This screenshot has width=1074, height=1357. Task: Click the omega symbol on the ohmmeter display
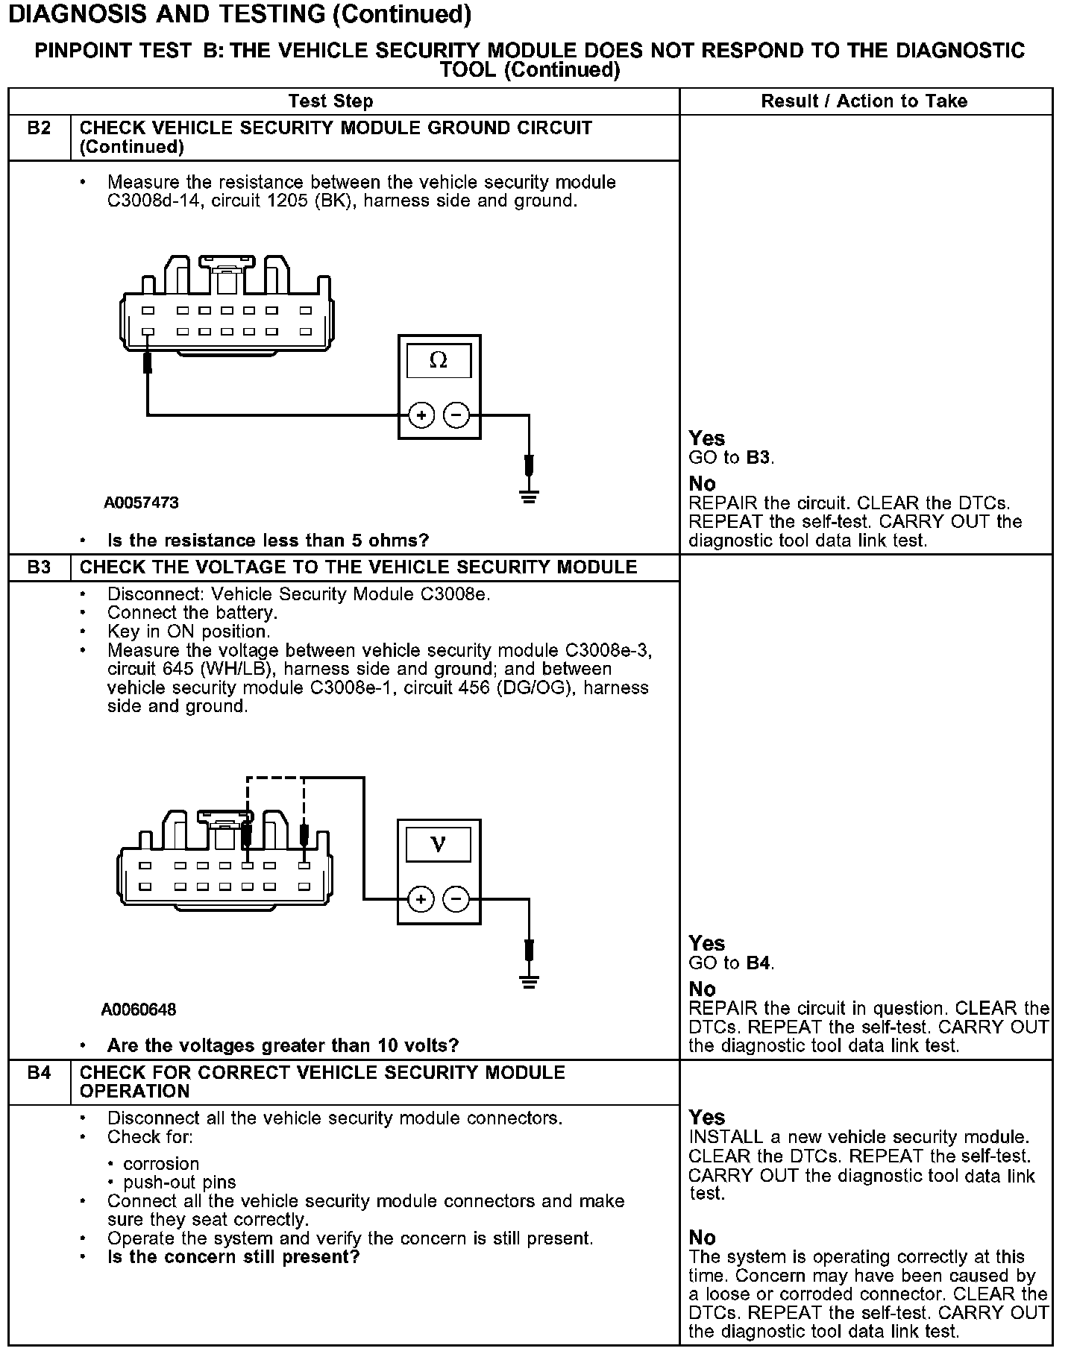(439, 361)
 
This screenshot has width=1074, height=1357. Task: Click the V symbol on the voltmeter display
(439, 845)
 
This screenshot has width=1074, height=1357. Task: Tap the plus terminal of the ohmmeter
(421, 415)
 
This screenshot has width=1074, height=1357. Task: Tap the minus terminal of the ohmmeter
(457, 415)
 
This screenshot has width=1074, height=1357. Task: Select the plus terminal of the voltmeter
(421, 899)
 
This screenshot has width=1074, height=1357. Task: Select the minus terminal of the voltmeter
(457, 899)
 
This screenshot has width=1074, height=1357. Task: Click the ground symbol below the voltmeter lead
(529, 982)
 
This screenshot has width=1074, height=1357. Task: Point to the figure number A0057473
(142, 503)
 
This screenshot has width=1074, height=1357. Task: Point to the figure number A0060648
(139, 1010)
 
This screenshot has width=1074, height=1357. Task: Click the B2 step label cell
(40, 128)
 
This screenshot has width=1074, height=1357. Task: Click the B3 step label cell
(40, 567)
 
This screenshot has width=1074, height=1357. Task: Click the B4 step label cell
(40, 1073)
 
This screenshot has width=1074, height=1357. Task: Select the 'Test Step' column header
(331, 101)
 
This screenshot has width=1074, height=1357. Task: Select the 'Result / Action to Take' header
(864, 101)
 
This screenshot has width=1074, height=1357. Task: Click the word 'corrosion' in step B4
(162, 1164)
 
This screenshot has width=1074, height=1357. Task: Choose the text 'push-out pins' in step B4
(180, 1183)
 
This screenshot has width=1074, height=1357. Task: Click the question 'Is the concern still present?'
(233, 1257)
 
